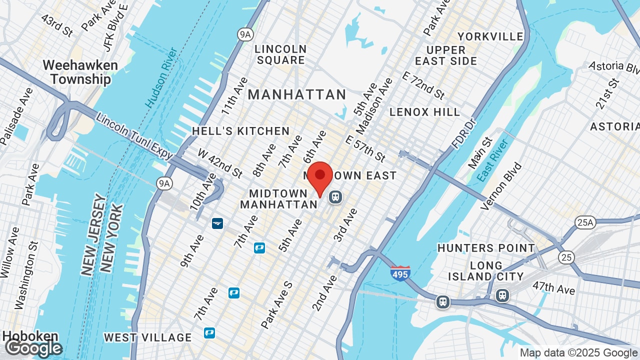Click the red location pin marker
coord(320,176)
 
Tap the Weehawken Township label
coord(80,72)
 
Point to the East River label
coord(492,160)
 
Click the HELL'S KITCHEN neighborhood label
coord(241,131)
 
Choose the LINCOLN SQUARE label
coord(280,54)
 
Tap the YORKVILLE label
coord(490,36)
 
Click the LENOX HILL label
coord(424,111)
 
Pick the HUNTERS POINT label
coord(486,248)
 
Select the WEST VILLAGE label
coord(147,337)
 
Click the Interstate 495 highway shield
coord(400,273)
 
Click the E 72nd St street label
coord(423,85)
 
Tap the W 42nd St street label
coord(220,163)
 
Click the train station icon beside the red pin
coord(335,197)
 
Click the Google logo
coord(33,348)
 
